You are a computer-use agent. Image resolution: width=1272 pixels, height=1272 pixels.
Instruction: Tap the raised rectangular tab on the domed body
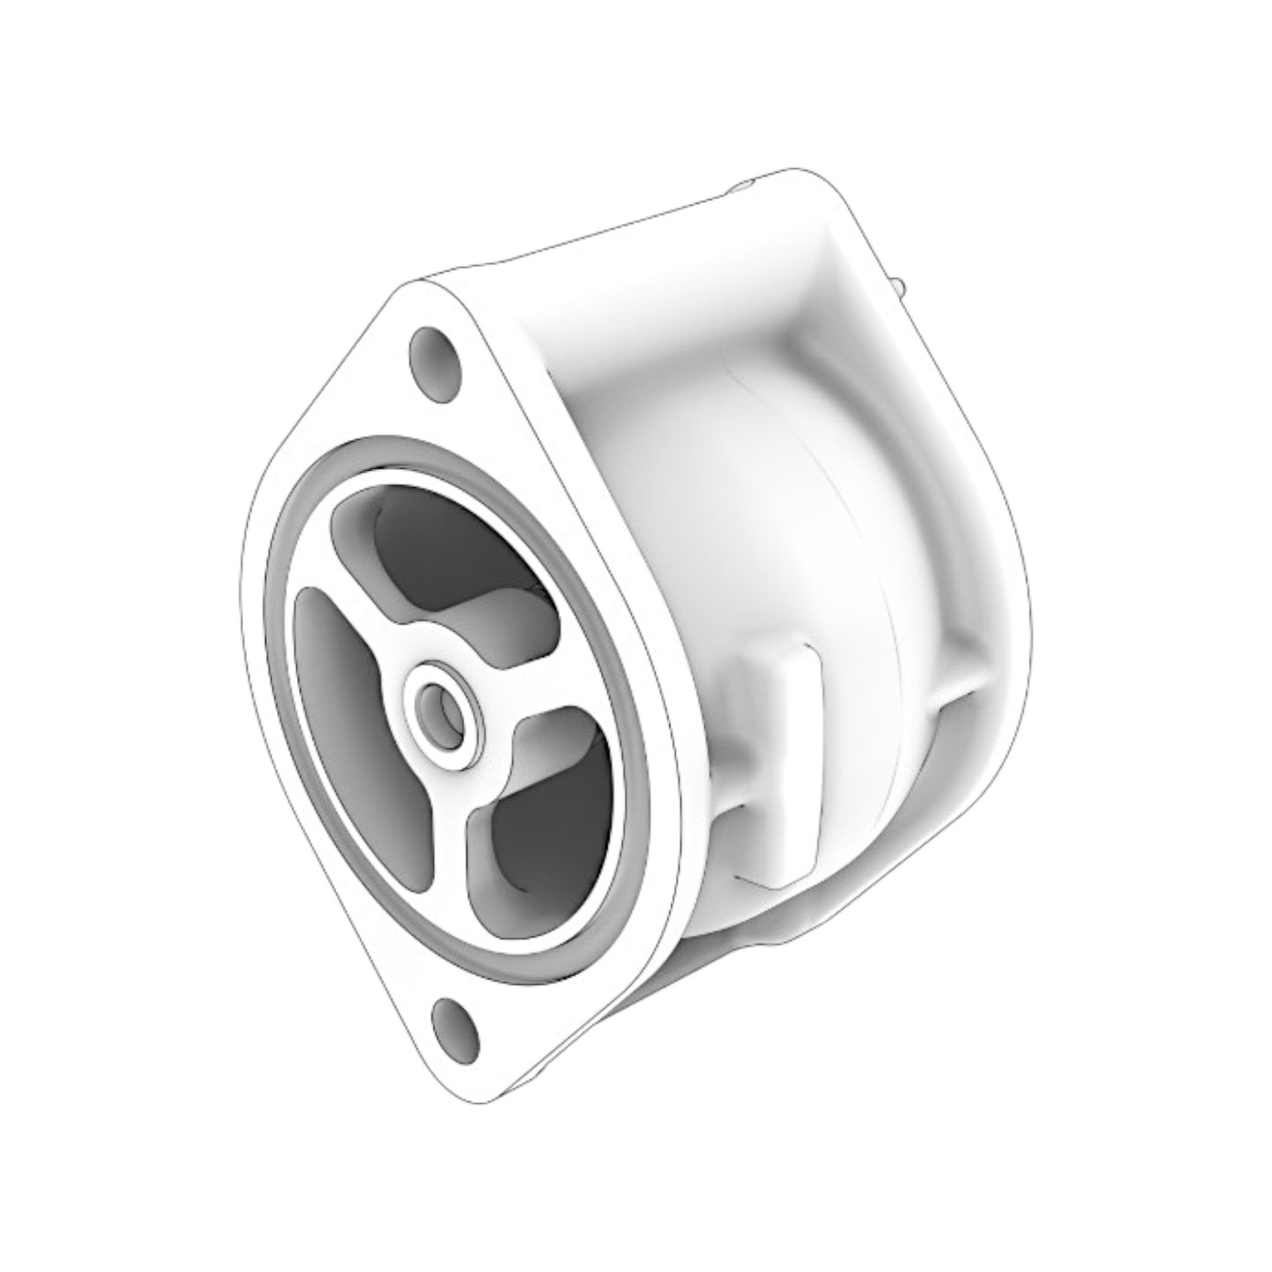(779, 757)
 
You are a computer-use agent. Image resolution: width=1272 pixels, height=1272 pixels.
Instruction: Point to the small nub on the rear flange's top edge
(745, 184)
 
